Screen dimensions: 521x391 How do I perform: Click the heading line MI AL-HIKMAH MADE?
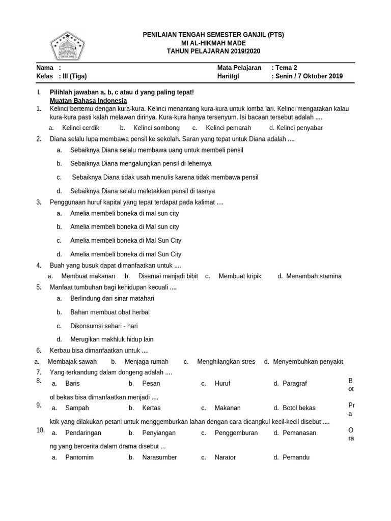pos(213,43)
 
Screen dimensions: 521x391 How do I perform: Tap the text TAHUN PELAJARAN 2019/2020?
pos(213,51)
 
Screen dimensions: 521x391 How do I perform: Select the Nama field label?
pos(45,68)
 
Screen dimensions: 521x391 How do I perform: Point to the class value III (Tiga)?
pos(74,76)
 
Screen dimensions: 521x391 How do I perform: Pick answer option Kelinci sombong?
pos(156,128)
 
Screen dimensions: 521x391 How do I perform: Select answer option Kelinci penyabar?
pos(299,128)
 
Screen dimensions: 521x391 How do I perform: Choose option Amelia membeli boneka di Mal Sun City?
pos(126,240)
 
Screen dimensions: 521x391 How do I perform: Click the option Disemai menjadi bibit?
pos(168,276)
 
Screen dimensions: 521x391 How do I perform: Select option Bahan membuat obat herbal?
pos(109,312)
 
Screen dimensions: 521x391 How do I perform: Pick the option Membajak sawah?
pos(72,361)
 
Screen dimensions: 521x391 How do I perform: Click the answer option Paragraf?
pos(295,383)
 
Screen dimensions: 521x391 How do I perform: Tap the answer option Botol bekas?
pos(299,408)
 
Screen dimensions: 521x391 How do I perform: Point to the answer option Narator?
pos(225,457)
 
